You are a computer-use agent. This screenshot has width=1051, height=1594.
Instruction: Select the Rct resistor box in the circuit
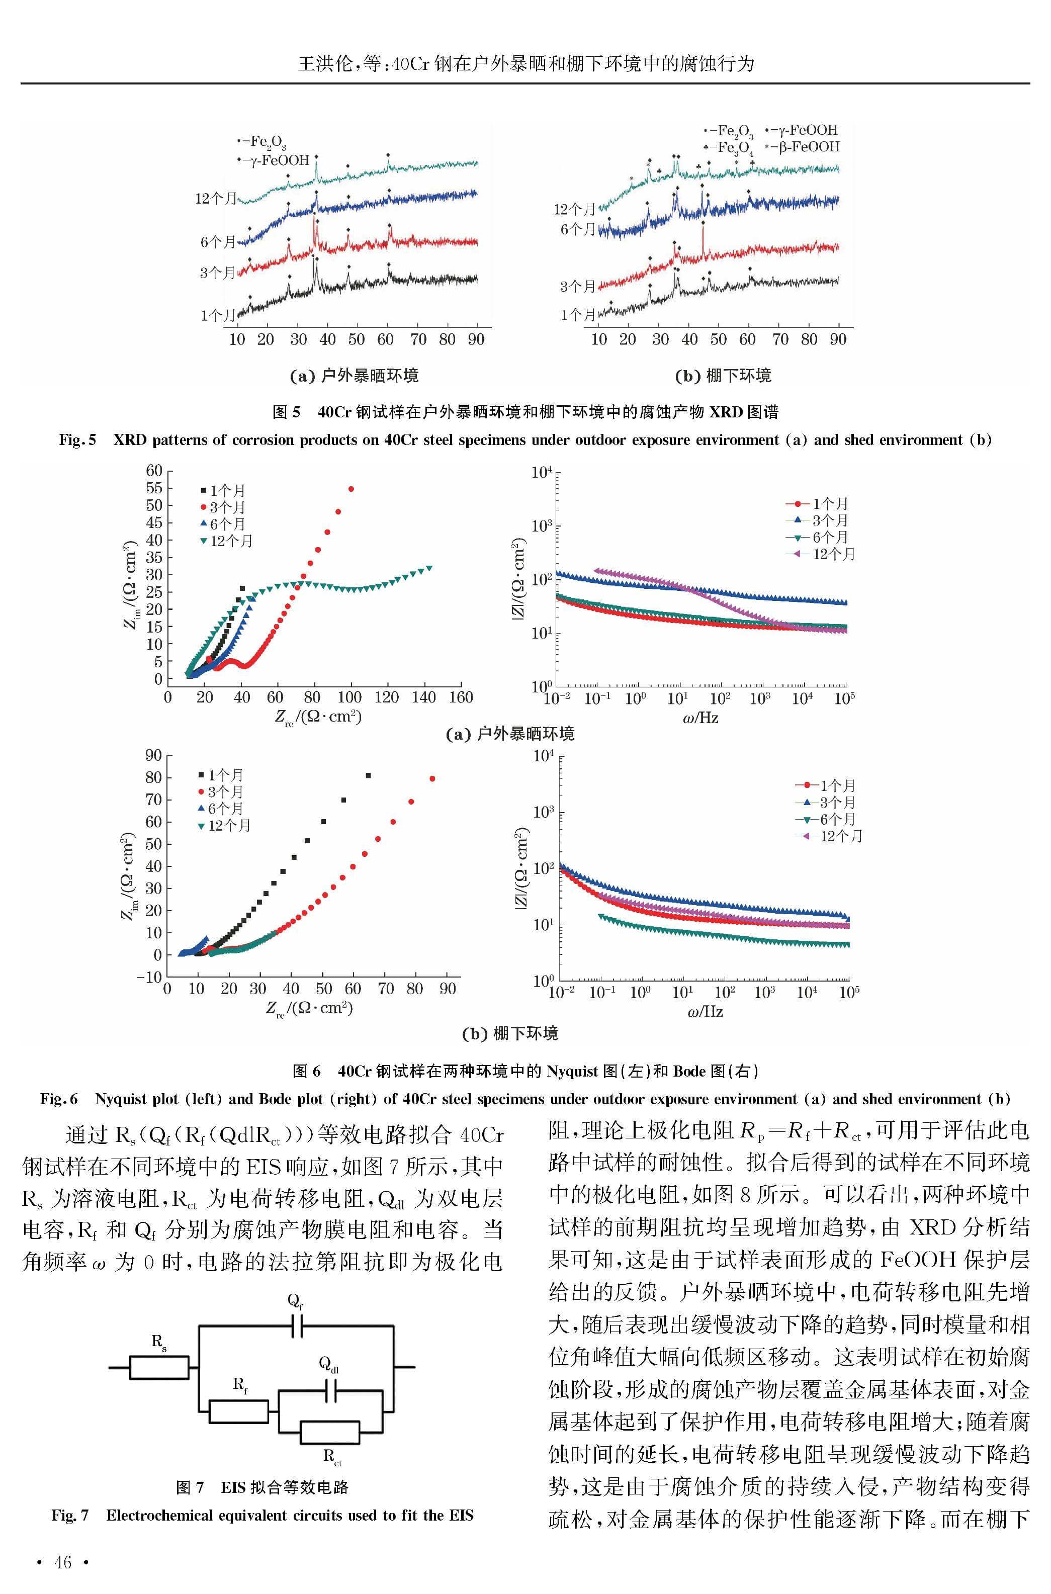[x=330, y=1433]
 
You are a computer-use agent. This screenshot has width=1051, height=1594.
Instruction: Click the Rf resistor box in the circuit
[x=239, y=1411]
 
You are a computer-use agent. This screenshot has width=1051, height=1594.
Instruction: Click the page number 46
[x=62, y=1562]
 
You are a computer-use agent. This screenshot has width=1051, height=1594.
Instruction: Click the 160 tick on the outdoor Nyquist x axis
[x=461, y=697]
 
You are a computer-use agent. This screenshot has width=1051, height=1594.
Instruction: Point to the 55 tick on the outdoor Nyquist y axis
[x=154, y=488]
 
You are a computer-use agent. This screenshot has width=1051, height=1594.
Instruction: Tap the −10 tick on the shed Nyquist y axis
[x=149, y=977]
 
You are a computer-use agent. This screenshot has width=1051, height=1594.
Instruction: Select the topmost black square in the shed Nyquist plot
[x=368, y=775]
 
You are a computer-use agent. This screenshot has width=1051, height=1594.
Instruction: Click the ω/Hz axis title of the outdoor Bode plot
[x=701, y=718]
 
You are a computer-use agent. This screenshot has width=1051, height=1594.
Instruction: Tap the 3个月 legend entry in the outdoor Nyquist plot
[x=223, y=507]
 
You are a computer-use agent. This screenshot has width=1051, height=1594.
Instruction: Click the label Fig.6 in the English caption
[x=59, y=1099]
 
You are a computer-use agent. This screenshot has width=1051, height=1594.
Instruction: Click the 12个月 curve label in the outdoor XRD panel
[x=216, y=198]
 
